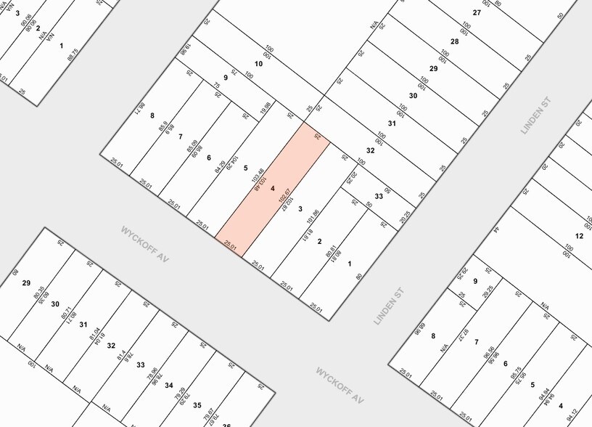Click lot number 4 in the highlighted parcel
pos(273,189)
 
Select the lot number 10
pos(258,64)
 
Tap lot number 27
pos(477,12)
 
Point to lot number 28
pos(455,41)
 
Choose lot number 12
pos(579,236)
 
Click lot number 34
pos(169,385)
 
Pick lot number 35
pos(197,404)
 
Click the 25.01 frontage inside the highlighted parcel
pos(231,245)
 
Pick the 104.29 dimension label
pos(234,162)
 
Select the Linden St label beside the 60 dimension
pos(390,305)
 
